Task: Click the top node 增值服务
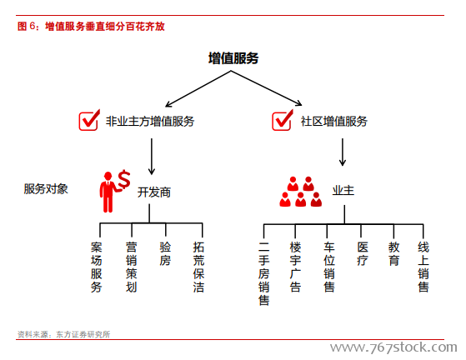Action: point(233,58)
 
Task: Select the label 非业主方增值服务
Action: point(150,121)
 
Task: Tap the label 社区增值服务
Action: point(334,121)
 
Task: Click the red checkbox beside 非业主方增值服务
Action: point(89,120)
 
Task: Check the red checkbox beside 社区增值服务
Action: point(283,120)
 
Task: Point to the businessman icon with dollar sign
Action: point(114,192)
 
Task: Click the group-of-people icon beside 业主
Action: point(300,192)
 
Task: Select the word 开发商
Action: point(154,192)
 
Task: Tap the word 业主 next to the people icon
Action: point(343,190)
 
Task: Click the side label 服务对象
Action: point(46,189)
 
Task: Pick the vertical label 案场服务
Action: point(97,267)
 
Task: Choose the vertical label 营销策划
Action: point(131,267)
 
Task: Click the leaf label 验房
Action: point(165,253)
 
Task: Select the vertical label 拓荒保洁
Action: point(198,267)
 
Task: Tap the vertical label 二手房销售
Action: point(264,273)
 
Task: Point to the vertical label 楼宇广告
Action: point(295,267)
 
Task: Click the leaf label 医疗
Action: point(363,253)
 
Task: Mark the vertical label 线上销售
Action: point(423,267)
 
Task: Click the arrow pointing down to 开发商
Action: point(152,157)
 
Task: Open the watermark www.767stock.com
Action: point(393,347)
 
